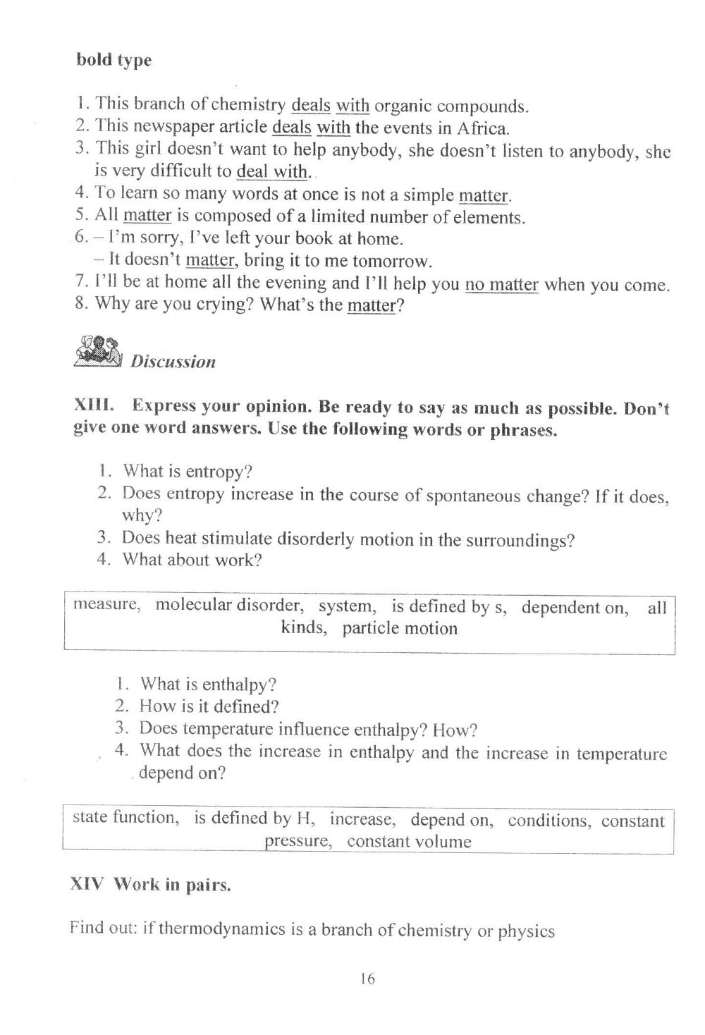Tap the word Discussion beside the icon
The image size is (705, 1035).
coord(173,362)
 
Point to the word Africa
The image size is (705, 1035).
coord(482,128)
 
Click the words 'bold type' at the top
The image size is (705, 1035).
coord(114,60)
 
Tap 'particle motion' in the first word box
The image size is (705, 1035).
coord(400,628)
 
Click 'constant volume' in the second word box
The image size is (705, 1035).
coord(409,842)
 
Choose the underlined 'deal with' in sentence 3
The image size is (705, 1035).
coord(271,171)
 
